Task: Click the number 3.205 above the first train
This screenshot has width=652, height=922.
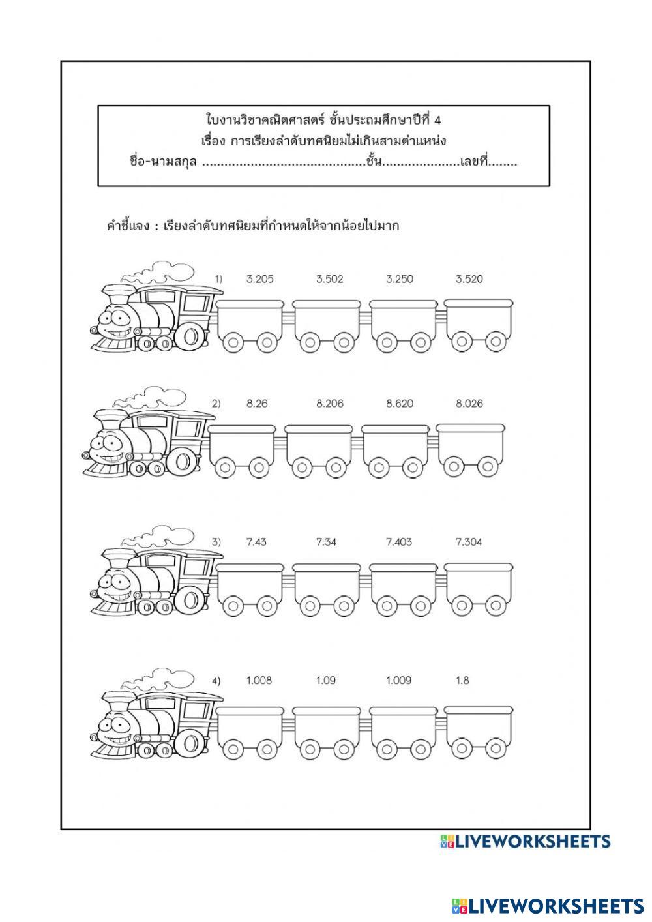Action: click(259, 279)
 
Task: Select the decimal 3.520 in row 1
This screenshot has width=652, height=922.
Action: click(469, 279)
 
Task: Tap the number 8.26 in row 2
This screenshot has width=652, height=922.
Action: click(257, 404)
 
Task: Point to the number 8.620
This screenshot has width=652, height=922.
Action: click(399, 404)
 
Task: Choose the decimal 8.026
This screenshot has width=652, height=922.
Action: click(469, 404)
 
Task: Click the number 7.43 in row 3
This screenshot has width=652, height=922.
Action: click(256, 542)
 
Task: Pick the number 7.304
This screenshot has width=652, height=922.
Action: click(469, 542)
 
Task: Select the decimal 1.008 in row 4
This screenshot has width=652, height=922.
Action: click(259, 681)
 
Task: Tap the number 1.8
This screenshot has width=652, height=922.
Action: click(462, 681)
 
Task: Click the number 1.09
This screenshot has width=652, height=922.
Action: click(326, 681)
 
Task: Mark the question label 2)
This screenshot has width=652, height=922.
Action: click(216, 404)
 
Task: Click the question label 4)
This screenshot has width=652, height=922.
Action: click(216, 681)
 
